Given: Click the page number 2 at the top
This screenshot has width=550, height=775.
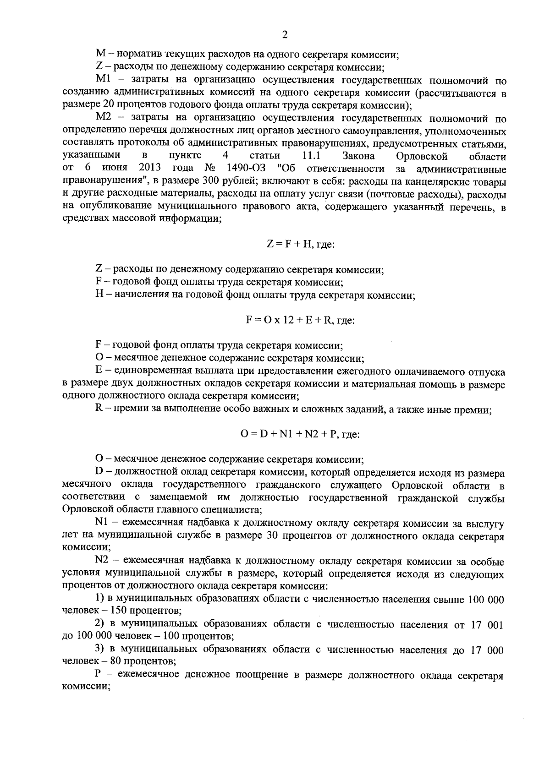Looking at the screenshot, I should click(285, 35).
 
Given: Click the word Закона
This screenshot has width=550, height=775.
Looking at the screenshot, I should click(359, 157).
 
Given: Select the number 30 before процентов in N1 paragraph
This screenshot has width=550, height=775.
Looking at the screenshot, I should click(271, 535).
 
